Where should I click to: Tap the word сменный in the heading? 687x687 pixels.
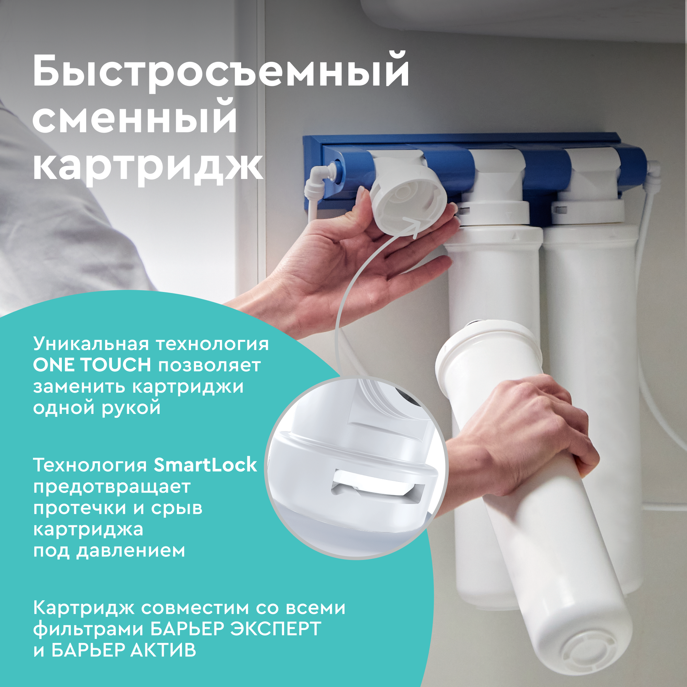[x=135, y=117]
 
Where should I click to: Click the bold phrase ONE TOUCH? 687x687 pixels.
[x=92, y=365]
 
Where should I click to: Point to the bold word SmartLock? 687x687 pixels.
[x=205, y=465]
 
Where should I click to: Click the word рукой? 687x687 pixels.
[x=131, y=408]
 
